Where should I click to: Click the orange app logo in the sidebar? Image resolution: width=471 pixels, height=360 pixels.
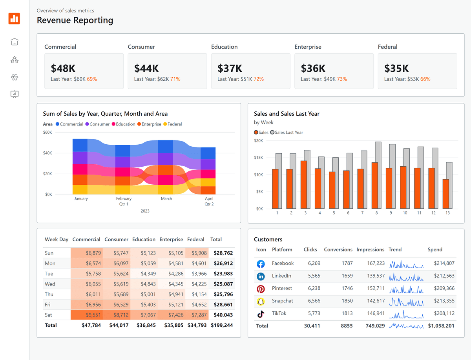click(x=14, y=18)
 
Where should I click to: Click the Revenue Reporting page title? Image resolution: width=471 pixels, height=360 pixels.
click(x=75, y=20)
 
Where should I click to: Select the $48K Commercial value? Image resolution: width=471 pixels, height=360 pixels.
click(x=63, y=68)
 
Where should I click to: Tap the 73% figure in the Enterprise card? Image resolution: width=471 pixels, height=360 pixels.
click(x=342, y=79)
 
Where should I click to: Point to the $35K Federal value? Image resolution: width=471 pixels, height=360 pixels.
click(x=396, y=68)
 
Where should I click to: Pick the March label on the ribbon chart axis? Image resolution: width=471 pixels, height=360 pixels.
click(x=166, y=198)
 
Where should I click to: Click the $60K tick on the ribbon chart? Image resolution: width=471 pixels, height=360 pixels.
click(x=47, y=133)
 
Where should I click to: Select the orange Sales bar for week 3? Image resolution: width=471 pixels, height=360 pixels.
click(x=304, y=184)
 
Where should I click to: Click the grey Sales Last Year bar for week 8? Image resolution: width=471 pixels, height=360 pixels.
click(x=378, y=175)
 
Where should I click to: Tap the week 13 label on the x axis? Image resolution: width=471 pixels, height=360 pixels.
click(x=447, y=213)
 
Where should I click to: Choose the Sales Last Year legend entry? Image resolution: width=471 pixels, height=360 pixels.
click(x=287, y=133)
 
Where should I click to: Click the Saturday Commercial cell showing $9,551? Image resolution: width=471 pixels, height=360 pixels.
click(x=86, y=315)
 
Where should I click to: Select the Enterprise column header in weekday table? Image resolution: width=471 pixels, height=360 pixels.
click(x=171, y=239)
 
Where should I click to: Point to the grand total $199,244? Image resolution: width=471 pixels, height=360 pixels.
click(x=222, y=325)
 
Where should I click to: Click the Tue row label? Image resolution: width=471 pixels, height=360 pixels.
click(x=49, y=274)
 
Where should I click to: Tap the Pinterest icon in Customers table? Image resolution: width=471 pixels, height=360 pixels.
click(x=261, y=289)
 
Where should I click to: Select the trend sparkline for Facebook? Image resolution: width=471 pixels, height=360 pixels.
click(x=406, y=264)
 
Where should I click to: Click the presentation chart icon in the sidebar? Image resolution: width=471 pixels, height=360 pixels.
click(x=15, y=94)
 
